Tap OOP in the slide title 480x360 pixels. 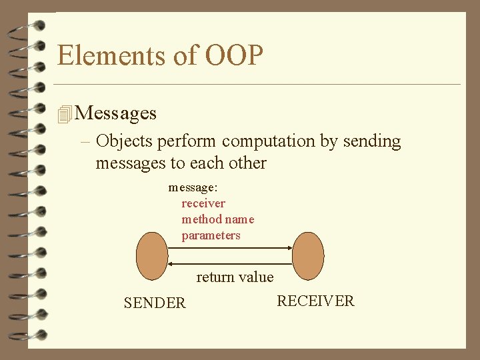pos(234,55)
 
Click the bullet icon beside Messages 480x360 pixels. pos(64,114)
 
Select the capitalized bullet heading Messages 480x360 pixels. pos(117,113)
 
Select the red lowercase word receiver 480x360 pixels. pos(203,203)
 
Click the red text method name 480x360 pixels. pos(218,219)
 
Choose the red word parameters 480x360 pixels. pos(211,235)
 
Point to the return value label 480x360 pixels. pos(235,277)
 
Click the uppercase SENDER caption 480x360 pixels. pos(155,303)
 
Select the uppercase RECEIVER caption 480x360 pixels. pos(315,301)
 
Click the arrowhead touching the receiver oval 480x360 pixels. pos(289,248)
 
